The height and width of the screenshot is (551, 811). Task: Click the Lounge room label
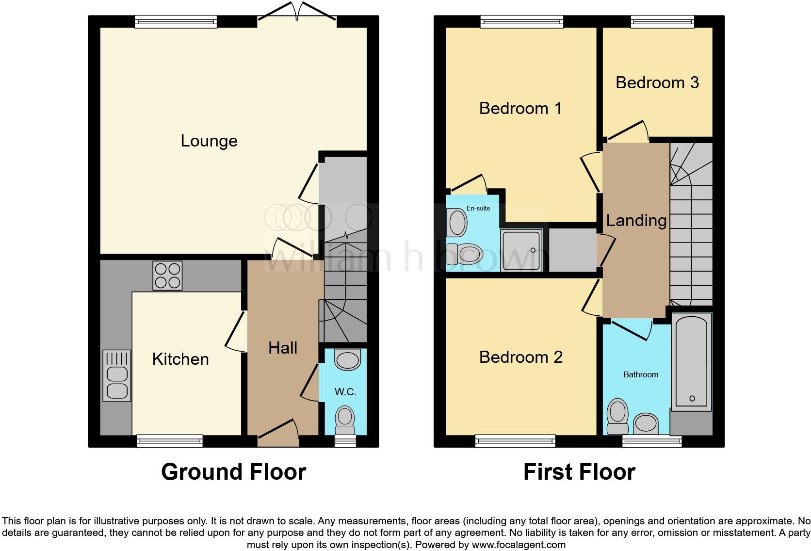(209, 141)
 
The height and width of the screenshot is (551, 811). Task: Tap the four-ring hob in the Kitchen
(167, 275)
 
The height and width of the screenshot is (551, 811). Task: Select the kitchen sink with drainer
(117, 376)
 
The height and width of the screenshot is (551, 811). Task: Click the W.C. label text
(345, 392)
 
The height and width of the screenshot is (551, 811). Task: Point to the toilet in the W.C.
(345, 420)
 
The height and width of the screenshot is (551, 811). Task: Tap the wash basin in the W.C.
(348, 360)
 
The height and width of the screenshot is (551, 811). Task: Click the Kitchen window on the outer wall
(170, 440)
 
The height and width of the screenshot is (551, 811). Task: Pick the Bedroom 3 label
(657, 82)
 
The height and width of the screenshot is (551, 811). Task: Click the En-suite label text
(478, 208)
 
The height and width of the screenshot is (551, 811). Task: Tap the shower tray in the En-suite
(521, 250)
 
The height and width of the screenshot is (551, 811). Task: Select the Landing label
(636, 221)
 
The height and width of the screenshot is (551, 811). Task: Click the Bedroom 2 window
(516, 440)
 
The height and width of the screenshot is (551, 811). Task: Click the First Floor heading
(579, 472)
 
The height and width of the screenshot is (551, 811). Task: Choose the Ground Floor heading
(233, 472)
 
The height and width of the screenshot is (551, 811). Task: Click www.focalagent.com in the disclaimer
(518, 545)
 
